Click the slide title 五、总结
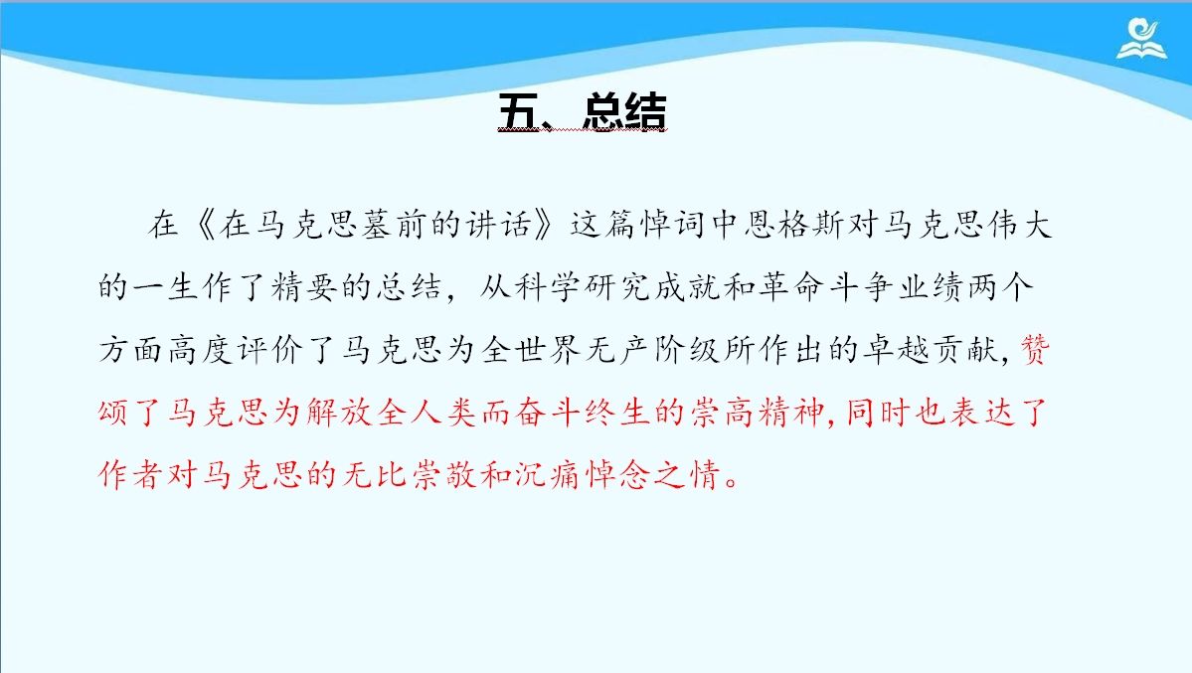[583, 111]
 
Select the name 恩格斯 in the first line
[794, 225]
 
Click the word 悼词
[672, 225]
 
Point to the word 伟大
[1019, 225]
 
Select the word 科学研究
[583, 287]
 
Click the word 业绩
[932, 287]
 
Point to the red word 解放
[339, 413]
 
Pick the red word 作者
[131, 474]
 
